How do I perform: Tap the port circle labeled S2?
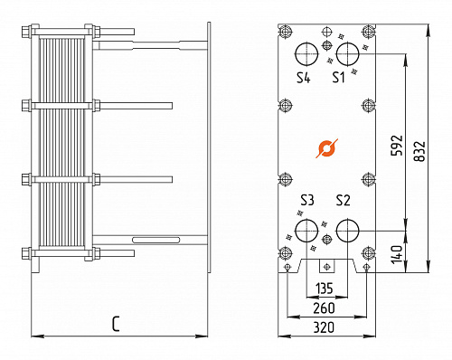[x=347, y=230]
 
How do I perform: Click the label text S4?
[x=305, y=79]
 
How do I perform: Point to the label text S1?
[x=338, y=79]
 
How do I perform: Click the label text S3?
[x=307, y=200]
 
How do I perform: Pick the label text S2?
[x=343, y=200]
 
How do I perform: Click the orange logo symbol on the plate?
[x=326, y=147]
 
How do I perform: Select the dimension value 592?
[x=396, y=145]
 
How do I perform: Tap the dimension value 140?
[x=396, y=254]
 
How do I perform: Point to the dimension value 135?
[x=326, y=289]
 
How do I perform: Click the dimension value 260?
[x=326, y=308]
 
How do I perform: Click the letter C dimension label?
[x=117, y=323]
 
